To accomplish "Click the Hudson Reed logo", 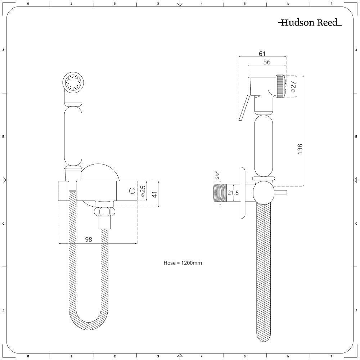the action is click(x=310, y=22).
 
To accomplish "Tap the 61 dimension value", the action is click(x=262, y=54).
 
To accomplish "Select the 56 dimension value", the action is click(x=267, y=62).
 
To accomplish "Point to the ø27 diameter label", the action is click(x=293, y=86).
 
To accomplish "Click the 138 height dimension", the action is click(x=300, y=149).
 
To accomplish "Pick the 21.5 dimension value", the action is click(x=233, y=193).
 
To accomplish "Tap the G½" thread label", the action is click(x=217, y=175).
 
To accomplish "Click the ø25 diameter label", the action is click(x=143, y=191).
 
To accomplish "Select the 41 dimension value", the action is click(x=155, y=194).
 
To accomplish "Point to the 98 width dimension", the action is click(x=89, y=239).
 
